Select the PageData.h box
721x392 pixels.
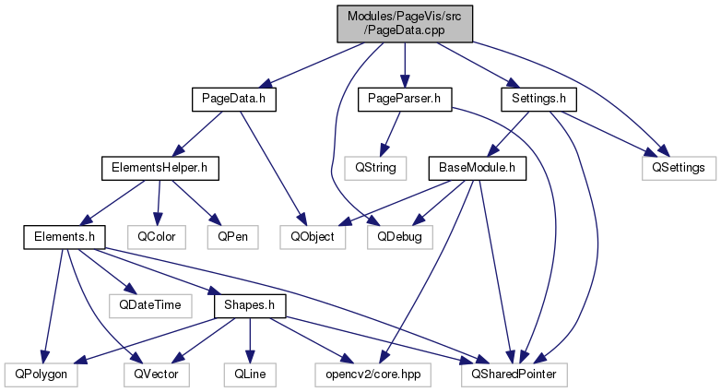point(234,97)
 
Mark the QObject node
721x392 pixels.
point(313,236)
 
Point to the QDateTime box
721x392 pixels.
point(148,304)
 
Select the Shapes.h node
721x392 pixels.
point(250,304)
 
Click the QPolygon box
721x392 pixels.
point(41,374)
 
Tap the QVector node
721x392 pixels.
point(156,374)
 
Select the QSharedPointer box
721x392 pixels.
point(513,374)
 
